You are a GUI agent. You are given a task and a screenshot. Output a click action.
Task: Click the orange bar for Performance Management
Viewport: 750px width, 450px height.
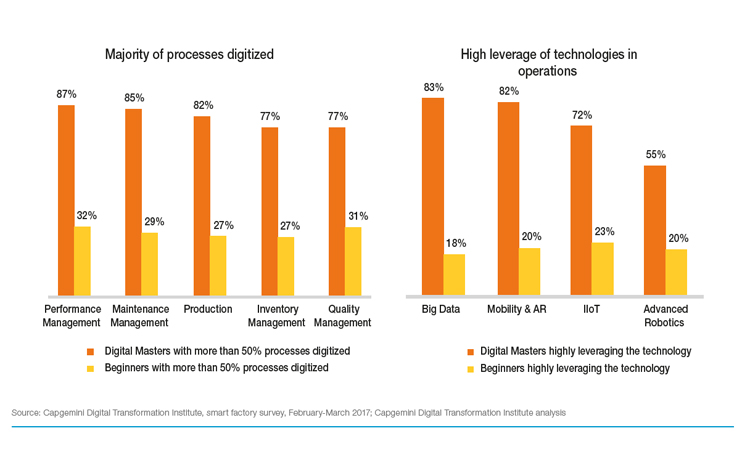66,200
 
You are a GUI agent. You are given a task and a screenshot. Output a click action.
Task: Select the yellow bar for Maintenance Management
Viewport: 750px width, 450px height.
150,264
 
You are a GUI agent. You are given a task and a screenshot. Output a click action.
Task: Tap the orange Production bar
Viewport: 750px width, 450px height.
201,206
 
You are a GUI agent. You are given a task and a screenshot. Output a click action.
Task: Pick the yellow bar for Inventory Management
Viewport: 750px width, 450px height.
286,266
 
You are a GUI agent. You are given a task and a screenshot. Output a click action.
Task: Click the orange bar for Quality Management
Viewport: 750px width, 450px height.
337,211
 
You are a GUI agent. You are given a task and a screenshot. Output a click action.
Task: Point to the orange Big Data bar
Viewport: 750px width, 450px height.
433,197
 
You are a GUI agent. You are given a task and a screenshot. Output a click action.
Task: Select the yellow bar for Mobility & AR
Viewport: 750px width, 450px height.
529,271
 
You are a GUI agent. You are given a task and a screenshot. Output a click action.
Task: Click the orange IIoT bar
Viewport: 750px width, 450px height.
581,210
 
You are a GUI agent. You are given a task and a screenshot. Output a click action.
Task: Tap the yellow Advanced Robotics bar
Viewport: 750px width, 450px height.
677,272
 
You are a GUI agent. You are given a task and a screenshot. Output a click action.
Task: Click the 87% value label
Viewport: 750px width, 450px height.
66,94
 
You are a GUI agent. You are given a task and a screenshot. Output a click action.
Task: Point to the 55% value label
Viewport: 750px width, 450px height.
655,154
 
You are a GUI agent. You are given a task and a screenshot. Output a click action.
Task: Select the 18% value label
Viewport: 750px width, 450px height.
455,243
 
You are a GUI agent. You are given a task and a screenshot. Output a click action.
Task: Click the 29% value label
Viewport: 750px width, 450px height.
154,221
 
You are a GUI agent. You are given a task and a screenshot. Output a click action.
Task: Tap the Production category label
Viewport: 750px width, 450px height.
208,309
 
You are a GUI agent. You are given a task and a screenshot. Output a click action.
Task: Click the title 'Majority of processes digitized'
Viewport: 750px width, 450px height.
190,54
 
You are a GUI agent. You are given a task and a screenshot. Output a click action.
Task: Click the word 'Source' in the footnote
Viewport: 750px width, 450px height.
27,412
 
